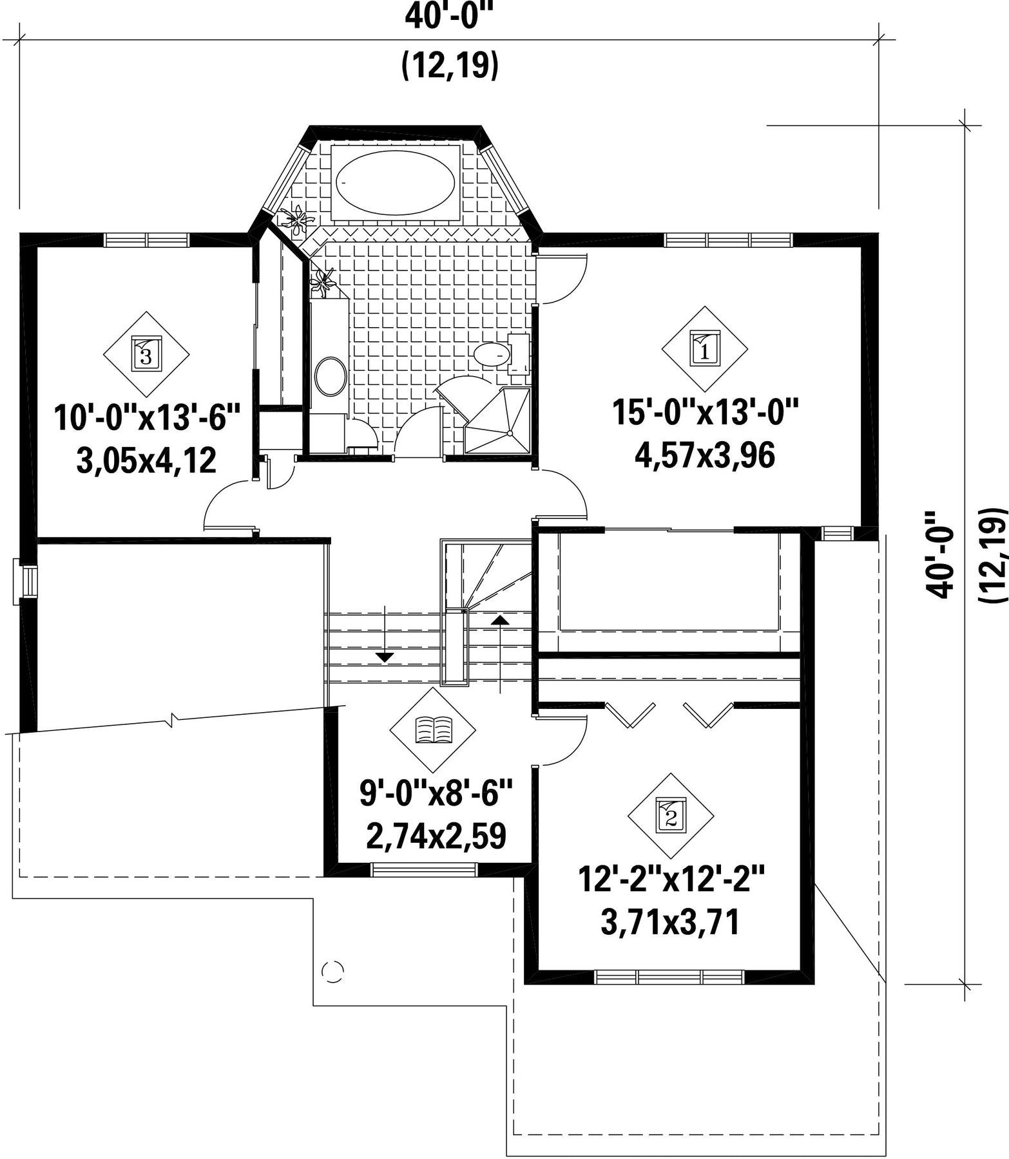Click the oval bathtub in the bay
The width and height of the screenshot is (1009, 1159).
point(395,182)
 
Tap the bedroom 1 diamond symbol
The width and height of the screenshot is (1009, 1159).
point(704,349)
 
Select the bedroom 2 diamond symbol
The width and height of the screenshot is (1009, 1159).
point(671,816)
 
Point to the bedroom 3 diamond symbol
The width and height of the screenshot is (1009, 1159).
point(146,353)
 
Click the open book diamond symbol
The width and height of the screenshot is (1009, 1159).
point(432,730)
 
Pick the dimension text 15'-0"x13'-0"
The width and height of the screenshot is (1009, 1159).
point(705,412)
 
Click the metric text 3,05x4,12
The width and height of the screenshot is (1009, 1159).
point(146,461)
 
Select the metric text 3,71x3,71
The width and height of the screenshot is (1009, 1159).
point(670,923)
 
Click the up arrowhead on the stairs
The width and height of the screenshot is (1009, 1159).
point(500,619)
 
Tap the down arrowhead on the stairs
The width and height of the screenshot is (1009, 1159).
point(385,657)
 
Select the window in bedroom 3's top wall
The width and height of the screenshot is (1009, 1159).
point(147,240)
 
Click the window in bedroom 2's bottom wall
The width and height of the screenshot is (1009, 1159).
point(670,977)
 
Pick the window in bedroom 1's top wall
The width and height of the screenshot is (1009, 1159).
point(729,240)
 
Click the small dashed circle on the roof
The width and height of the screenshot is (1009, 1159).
point(333,970)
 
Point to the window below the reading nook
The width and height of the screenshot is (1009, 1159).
point(425,870)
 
